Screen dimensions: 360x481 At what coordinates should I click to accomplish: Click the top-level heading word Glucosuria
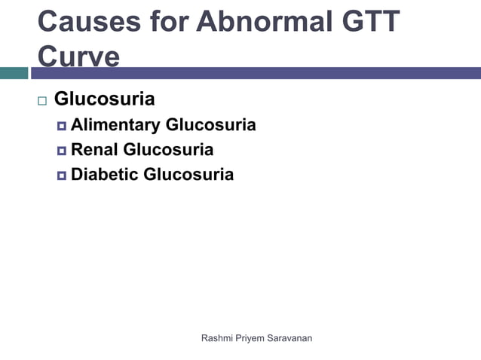click(x=105, y=99)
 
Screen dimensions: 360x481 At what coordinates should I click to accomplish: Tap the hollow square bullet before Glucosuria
click(x=41, y=100)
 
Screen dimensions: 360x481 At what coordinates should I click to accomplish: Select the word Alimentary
click(x=115, y=125)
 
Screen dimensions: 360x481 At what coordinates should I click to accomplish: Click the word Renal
click(x=95, y=150)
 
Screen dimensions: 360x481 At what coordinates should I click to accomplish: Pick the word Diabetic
click(x=104, y=175)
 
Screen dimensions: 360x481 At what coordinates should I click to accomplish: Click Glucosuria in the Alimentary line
click(x=210, y=125)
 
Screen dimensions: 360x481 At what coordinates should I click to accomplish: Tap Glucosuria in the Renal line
click(x=168, y=150)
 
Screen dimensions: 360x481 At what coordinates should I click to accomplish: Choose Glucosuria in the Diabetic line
click(x=188, y=175)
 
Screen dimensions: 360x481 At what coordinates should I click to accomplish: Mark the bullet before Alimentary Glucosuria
click(x=61, y=126)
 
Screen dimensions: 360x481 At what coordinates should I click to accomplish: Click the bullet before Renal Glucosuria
click(x=61, y=151)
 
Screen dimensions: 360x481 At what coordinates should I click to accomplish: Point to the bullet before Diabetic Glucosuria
click(x=61, y=175)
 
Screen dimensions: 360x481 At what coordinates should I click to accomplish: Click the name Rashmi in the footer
click(x=218, y=338)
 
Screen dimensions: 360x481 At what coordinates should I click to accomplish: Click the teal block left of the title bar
click(x=14, y=73)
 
